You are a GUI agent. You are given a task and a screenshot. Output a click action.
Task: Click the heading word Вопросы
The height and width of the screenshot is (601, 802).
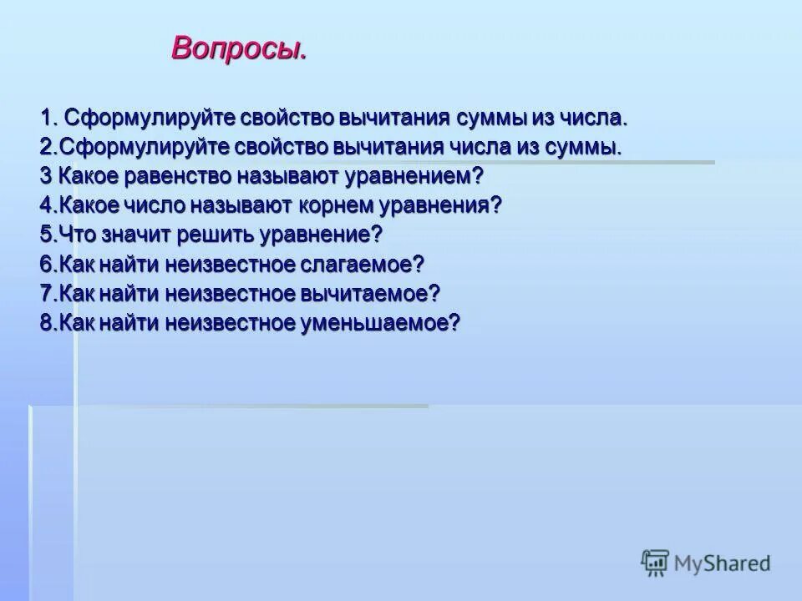(239, 48)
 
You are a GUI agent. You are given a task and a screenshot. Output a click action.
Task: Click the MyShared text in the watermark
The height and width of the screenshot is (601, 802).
(722, 563)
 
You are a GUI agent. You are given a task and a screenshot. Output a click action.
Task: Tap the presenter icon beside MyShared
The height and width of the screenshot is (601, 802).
(655, 563)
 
